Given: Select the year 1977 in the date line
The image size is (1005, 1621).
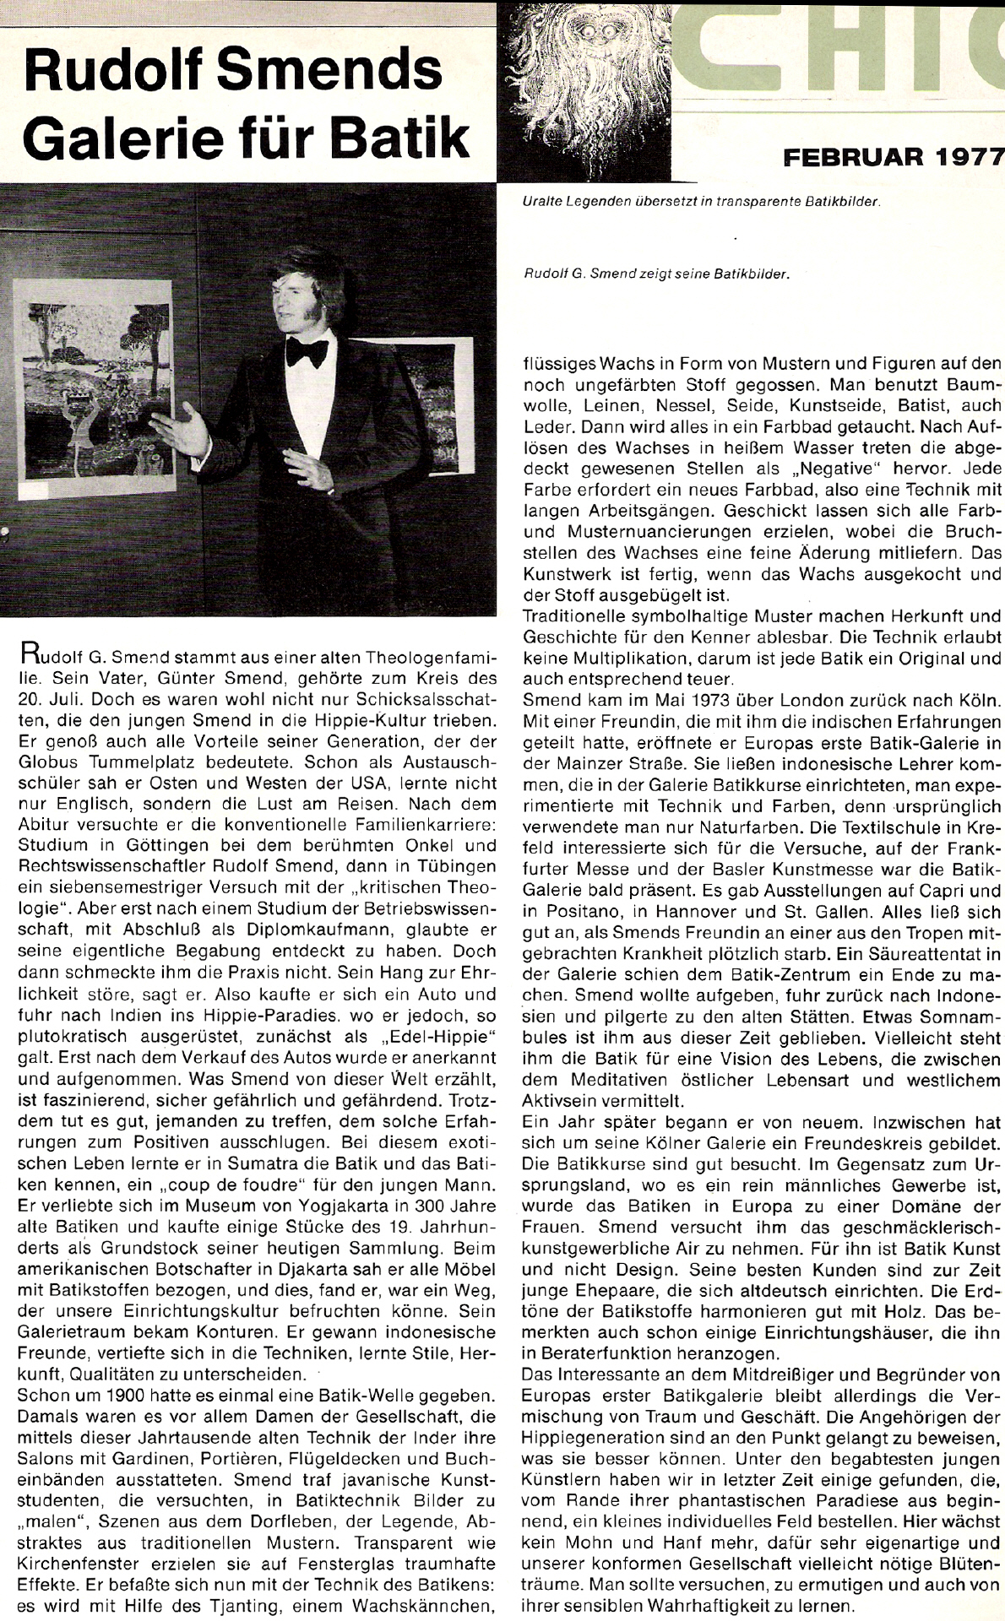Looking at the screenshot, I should click(962, 156).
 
